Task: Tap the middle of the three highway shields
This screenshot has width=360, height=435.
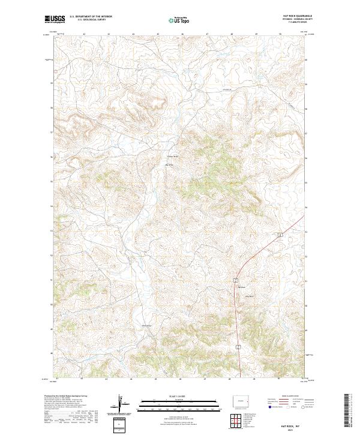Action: click(236, 280)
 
